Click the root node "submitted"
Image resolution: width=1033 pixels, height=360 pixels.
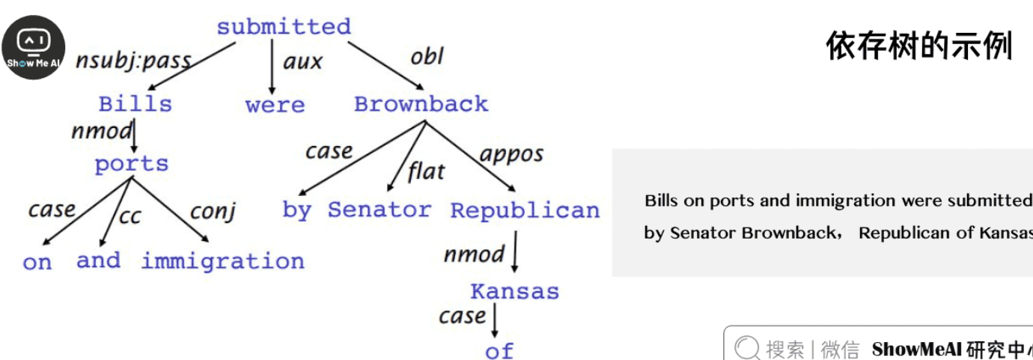click(x=284, y=27)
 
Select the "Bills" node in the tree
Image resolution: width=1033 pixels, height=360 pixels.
click(x=135, y=104)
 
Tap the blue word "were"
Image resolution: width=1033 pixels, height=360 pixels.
click(x=275, y=105)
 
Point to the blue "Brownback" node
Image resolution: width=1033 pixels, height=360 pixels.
click(x=421, y=104)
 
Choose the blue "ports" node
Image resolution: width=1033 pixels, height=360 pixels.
click(x=132, y=164)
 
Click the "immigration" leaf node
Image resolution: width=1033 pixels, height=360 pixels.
click(x=223, y=261)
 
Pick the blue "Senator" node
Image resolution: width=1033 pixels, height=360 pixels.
click(x=380, y=210)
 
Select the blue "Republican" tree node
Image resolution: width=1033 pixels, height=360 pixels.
click(x=525, y=210)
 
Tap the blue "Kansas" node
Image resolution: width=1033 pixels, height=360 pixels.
click(x=514, y=291)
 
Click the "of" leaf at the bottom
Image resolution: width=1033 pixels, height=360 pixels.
click(x=499, y=350)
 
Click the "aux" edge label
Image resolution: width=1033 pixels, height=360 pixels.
click(x=302, y=61)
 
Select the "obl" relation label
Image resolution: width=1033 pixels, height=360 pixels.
click(x=427, y=56)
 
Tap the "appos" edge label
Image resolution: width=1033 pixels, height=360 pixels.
click(x=511, y=155)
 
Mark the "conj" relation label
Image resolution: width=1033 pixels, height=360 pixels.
click(x=213, y=211)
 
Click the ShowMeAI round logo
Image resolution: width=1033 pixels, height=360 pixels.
click(x=33, y=46)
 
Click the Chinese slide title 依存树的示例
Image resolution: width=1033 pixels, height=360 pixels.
click(x=918, y=46)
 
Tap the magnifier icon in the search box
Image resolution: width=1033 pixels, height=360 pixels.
click(x=747, y=348)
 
